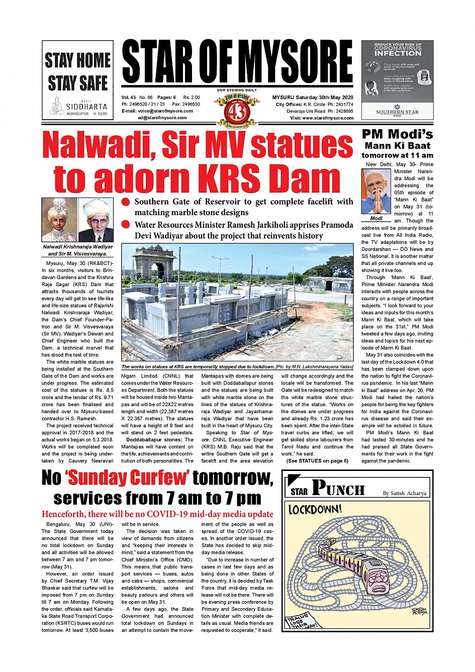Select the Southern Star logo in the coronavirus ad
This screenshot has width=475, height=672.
coord(397,111)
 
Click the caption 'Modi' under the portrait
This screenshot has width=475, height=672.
coord(376,219)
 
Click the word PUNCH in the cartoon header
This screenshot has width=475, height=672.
coord(338,488)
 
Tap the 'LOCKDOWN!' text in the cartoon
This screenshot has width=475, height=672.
coord(315,510)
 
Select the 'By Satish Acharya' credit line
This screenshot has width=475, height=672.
coord(404,493)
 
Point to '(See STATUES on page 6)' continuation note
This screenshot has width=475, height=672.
coord(317,461)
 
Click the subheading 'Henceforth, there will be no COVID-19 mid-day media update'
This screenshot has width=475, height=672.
coord(157,514)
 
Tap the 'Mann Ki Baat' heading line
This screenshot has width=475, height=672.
coord(397,145)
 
